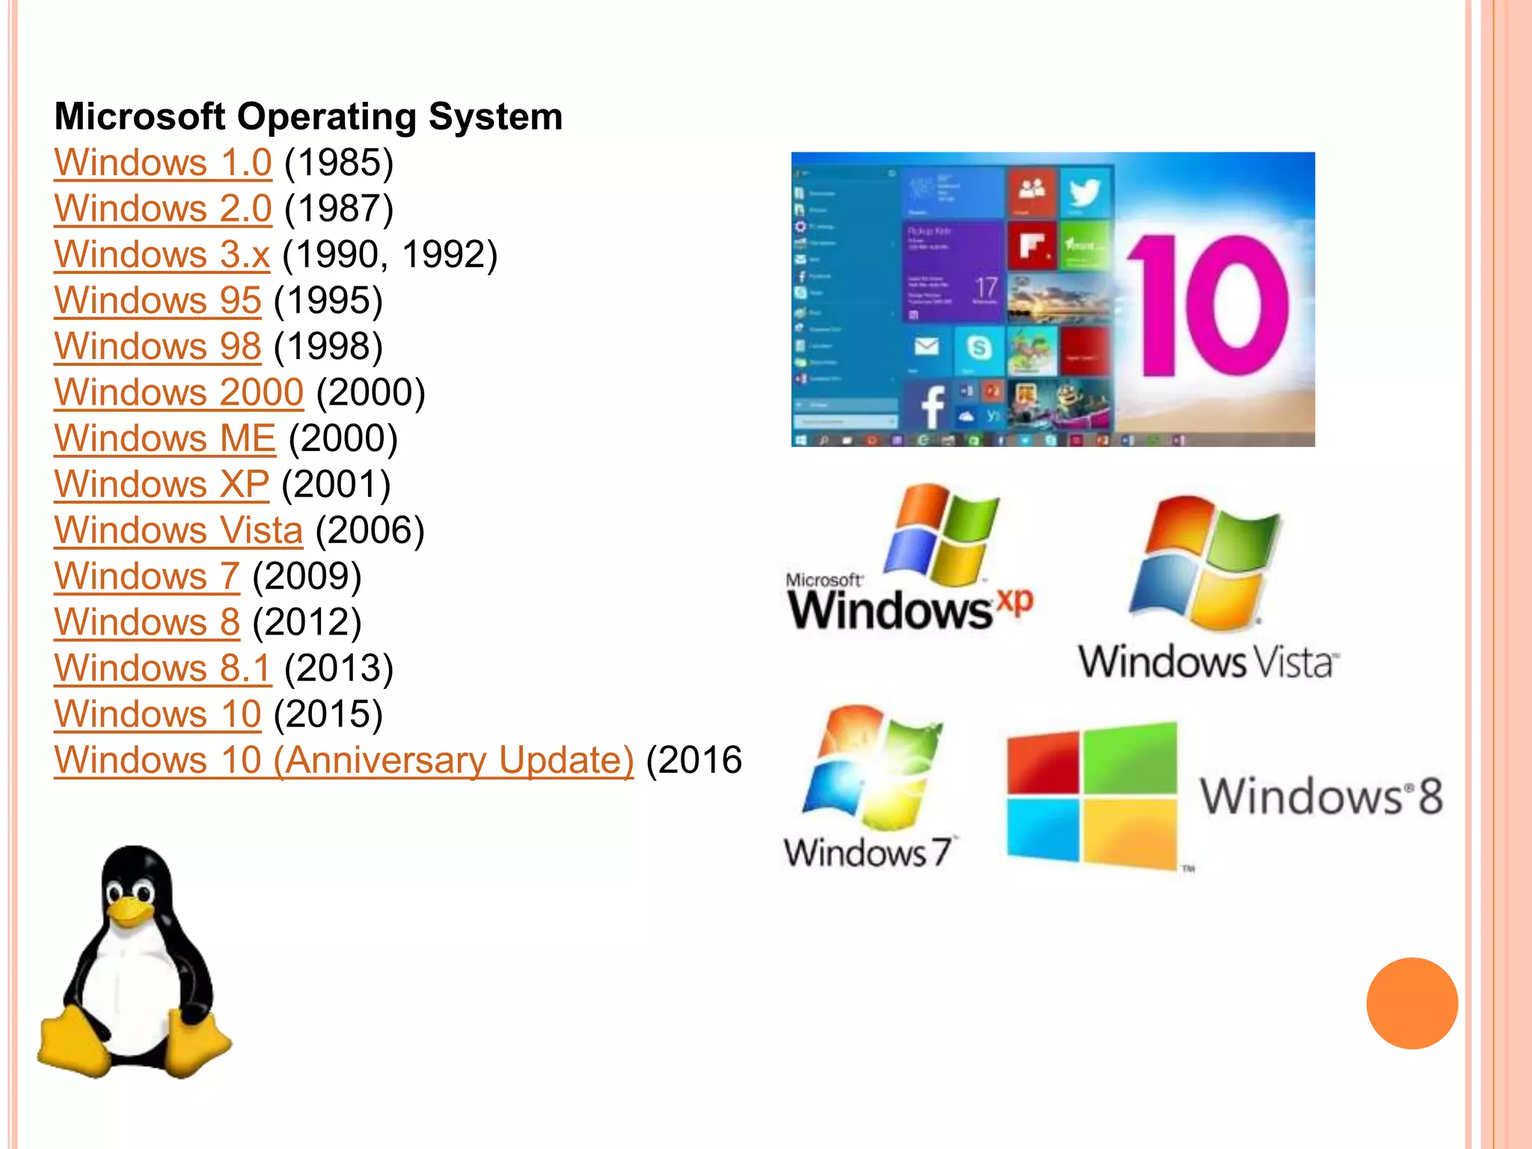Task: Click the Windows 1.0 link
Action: [x=162, y=162]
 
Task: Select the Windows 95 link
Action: [x=157, y=300]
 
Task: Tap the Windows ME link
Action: [x=165, y=438]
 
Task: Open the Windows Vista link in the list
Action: [x=178, y=530]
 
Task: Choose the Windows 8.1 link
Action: [x=162, y=668]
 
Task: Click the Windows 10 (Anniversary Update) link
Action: [x=343, y=760]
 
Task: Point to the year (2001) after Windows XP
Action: [x=336, y=484]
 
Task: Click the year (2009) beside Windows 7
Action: [x=307, y=576]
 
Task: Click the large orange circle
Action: [x=1412, y=1003]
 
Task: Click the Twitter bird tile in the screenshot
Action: [x=1084, y=192]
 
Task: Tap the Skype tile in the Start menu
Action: [x=978, y=348]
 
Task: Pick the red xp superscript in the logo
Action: [x=1014, y=601]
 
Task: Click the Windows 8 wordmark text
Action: [x=1321, y=796]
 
